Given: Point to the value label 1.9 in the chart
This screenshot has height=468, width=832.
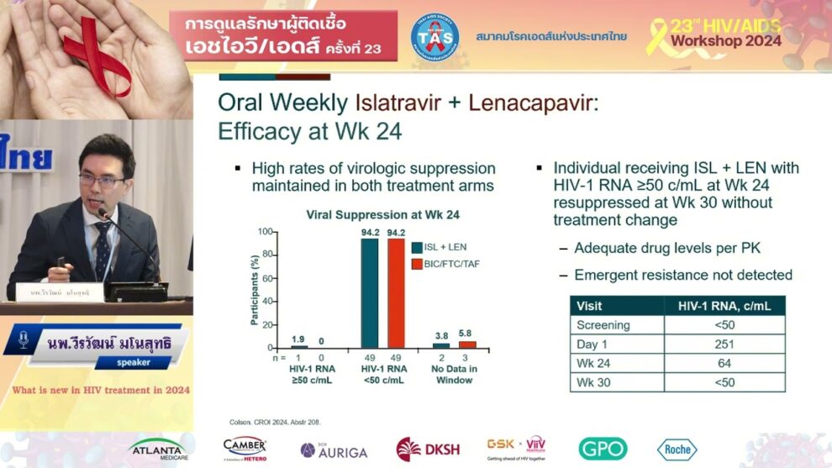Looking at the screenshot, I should pyautogui.click(x=298, y=339).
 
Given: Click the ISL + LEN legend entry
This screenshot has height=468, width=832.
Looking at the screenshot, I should pyautogui.click(x=445, y=247).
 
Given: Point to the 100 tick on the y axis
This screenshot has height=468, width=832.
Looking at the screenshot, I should pyautogui.click(x=265, y=232).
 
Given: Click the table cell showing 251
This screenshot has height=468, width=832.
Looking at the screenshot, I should pyautogui.click(x=724, y=344).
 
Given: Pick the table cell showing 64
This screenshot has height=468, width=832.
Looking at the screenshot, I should pyautogui.click(x=724, y=363).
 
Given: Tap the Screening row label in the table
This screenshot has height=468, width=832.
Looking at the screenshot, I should pyautogui.click(x=603, y=324).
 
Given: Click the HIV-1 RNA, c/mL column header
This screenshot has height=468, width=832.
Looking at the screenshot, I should pyautogui.click(x=724, y=306).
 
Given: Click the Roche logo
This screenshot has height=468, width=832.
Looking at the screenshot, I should pyautogui.click(x=677, y=450).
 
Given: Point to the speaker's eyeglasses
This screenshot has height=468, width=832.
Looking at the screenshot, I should pyautogui.click(x=103, y=180).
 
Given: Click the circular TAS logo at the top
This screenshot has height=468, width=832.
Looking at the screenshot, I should pyautogui.click(x=434, y=37).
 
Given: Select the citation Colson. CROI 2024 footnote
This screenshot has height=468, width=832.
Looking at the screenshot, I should pyautogui.click(x=274, y=422).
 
